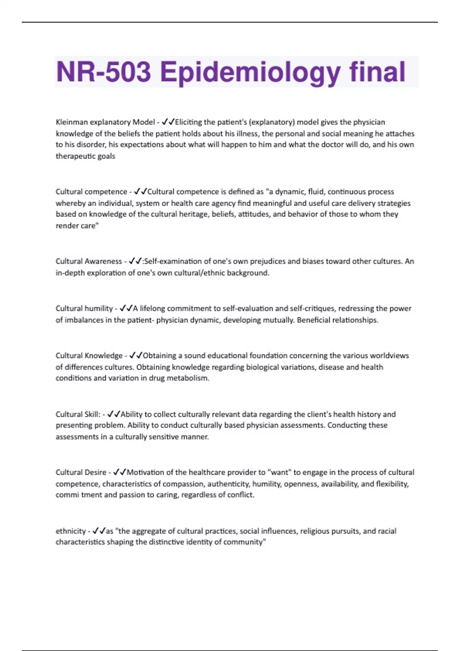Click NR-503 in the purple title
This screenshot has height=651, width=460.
[103, 72]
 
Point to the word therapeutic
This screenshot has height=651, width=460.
[74, 156]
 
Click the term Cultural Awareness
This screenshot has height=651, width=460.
[89, 261]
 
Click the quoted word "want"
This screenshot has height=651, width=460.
[280, 472]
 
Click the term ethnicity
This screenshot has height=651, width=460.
[71, 531]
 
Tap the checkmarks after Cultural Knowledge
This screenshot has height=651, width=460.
[136, 355]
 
